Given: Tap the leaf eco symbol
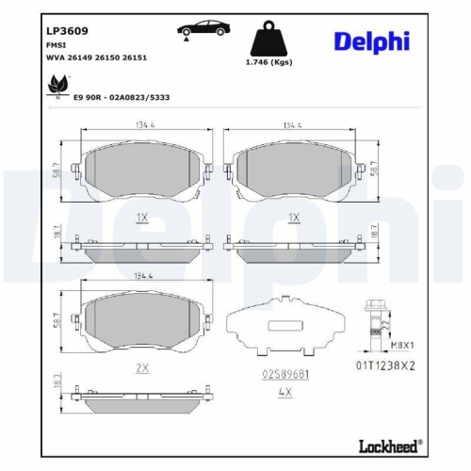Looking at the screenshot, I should (56, 87).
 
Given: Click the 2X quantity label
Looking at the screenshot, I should (143, 368).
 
